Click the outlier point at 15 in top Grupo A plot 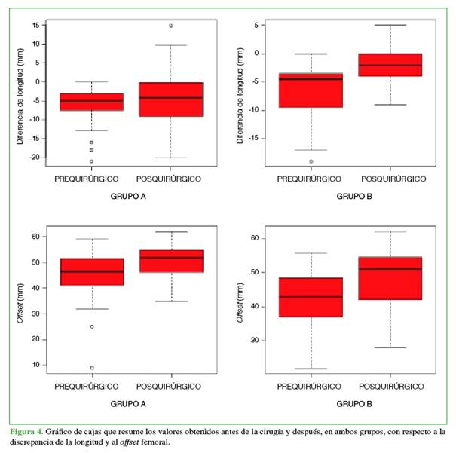tap(170, 26)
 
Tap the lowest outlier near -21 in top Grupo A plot tap(92, 161)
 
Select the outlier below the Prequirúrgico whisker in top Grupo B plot tap(311, 161)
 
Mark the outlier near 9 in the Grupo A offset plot tap(92, 368)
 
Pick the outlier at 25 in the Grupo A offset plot tap(92, 327)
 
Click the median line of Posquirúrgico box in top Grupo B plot tap(390, 66)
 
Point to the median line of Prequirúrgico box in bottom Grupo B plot tap(311, 297)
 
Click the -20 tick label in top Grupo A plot tap(32, 158)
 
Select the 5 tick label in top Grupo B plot tap(256, 26)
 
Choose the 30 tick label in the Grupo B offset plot tap(255, 341)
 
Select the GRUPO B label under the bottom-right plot tap(350, 404)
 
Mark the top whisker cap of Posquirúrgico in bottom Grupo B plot tap(390, 231)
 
